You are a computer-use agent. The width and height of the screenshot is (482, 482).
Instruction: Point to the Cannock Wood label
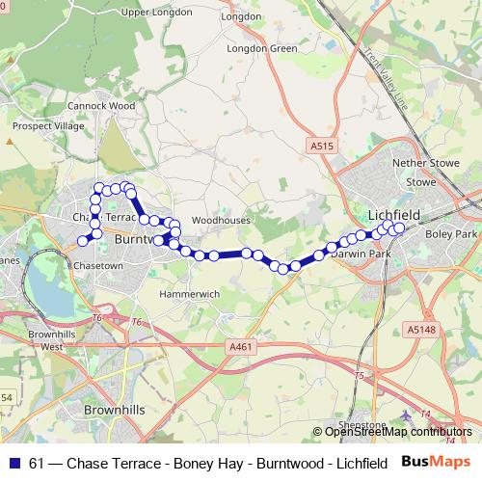(100, 105)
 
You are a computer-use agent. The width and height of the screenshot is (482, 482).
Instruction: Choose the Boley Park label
(452, 234)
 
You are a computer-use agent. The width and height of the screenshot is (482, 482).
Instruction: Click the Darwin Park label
(357, 254)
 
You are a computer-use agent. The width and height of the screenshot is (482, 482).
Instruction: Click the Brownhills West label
(44, 339)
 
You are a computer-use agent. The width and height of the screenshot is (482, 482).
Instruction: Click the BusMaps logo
(430, 462)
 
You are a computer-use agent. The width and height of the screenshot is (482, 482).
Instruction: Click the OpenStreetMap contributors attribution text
(398, 432)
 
